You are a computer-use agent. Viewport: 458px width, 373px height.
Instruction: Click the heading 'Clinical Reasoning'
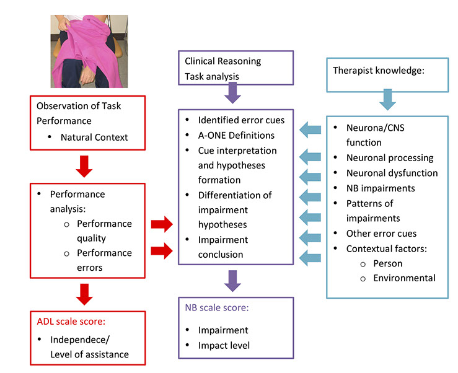(223, 61)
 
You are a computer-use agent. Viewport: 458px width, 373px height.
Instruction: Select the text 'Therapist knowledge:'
(379, 71)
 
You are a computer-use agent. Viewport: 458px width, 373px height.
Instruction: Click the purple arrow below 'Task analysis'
(232, 93)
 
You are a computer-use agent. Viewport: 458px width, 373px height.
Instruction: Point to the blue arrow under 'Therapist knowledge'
(387, 100)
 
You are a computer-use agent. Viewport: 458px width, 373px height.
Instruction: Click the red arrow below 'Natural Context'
(84, 167)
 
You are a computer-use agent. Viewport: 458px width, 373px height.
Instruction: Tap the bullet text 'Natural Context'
(94, 138)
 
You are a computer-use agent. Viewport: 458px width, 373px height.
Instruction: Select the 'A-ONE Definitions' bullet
(236, 135)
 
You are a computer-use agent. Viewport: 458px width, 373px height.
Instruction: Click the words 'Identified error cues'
(241, 120)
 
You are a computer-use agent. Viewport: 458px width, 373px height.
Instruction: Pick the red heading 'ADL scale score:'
(71, 322)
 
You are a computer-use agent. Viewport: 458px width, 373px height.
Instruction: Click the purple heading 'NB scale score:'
(217, 307)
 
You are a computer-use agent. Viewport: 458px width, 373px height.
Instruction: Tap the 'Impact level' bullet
(224, 346)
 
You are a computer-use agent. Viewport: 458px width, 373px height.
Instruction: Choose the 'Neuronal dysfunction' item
(392, 173)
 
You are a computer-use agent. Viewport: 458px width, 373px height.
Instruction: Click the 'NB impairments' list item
(381, 188)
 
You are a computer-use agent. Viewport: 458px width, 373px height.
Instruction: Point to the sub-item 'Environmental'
(404, 278)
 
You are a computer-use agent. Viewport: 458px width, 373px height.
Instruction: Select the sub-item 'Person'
(388, 263)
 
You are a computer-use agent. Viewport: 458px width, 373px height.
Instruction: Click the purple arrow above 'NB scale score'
(232, 281)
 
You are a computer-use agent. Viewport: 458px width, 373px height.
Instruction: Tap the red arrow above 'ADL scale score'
(84, 294)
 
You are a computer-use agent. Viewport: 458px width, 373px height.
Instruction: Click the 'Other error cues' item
(382, 234)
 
